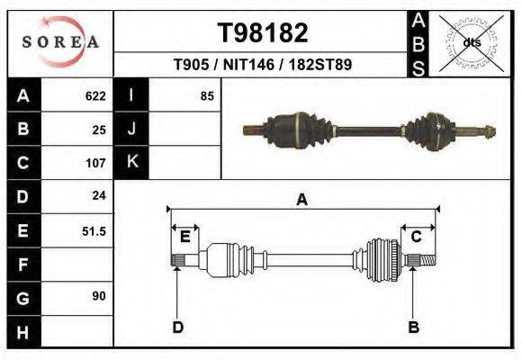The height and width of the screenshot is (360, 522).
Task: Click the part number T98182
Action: click(x=263, y=32)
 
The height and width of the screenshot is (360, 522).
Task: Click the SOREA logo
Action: click(x=60, y=42)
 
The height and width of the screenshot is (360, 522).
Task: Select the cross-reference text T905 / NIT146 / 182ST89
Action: click(x=262, y=65)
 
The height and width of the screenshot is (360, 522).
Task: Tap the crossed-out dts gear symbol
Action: click(x=470, y=42)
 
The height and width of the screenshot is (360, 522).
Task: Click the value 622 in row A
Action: click(x=95, y=95)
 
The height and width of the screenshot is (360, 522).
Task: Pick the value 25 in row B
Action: click(x=99, y=129)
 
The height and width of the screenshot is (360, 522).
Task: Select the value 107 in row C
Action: click(x=95, y=163)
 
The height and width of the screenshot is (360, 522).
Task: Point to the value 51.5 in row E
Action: click(x=94, y=231)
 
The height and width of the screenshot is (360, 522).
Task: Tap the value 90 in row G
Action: click(x=99, y=295)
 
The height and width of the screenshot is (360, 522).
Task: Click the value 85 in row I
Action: click(x=207, y=95)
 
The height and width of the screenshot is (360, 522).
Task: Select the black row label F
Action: click(x=22, y=265)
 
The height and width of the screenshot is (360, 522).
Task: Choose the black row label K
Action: click(x=132, y=163)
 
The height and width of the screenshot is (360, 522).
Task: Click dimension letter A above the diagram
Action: click(x=301, y=200)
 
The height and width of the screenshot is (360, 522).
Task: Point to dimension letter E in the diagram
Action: click(x=184, y=237)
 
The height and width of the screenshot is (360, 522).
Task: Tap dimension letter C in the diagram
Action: click(x=417, y=237)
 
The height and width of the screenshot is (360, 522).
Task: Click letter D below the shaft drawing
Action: click(x=177, y=327)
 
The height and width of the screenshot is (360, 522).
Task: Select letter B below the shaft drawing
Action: click(x=413, y=327)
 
